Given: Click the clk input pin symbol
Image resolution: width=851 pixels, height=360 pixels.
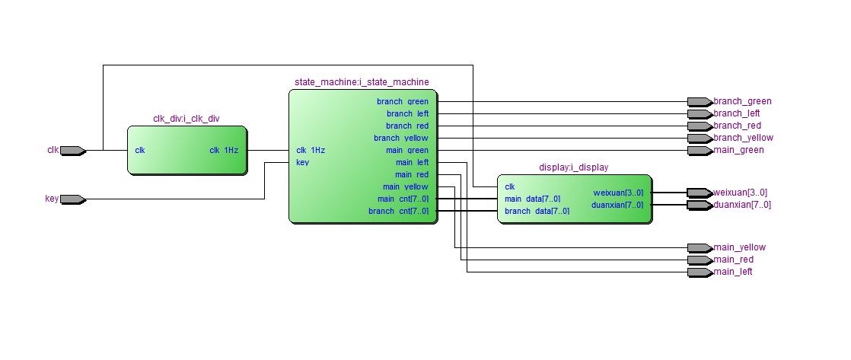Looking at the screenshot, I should [x=72, y=150].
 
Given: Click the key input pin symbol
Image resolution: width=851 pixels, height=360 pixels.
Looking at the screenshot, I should [x=72, y=199].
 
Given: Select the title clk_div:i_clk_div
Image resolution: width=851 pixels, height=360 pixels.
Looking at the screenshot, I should [x=186, y=119].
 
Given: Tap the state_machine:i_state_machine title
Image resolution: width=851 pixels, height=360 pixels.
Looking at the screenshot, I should [x=362, y=81].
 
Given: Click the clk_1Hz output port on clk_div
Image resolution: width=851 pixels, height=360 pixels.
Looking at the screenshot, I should [x=224, y=150].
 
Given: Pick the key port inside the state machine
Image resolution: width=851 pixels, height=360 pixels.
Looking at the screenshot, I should [x=303, y=162].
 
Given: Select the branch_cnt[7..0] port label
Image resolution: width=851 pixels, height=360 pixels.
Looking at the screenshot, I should [x=398, y=211].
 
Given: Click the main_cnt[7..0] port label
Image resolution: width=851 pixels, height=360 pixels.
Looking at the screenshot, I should [x=402, y=199].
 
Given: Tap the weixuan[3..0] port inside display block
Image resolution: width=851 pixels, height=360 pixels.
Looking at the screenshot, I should [x=618, y=193].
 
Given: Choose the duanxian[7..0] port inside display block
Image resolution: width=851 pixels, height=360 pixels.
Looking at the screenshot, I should [x=617, y=205].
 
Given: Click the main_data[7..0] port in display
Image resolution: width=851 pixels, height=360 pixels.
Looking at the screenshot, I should [x=532, y=199].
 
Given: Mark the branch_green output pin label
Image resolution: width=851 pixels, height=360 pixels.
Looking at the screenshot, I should [x=742, y=101].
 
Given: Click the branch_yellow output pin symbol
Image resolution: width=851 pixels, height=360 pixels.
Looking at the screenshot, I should [x=699, y=138].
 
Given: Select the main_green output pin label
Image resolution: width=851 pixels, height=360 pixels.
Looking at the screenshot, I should [x=738, y=150].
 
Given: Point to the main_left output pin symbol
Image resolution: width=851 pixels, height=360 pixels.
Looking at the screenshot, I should [x=699, y=272].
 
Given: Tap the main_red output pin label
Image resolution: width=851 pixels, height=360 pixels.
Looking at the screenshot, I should [x=734, y=260].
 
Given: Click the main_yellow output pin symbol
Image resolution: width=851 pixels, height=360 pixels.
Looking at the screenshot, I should [x=699, y=247].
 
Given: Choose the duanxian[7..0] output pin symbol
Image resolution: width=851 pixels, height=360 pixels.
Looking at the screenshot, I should [x=699, y=205].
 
